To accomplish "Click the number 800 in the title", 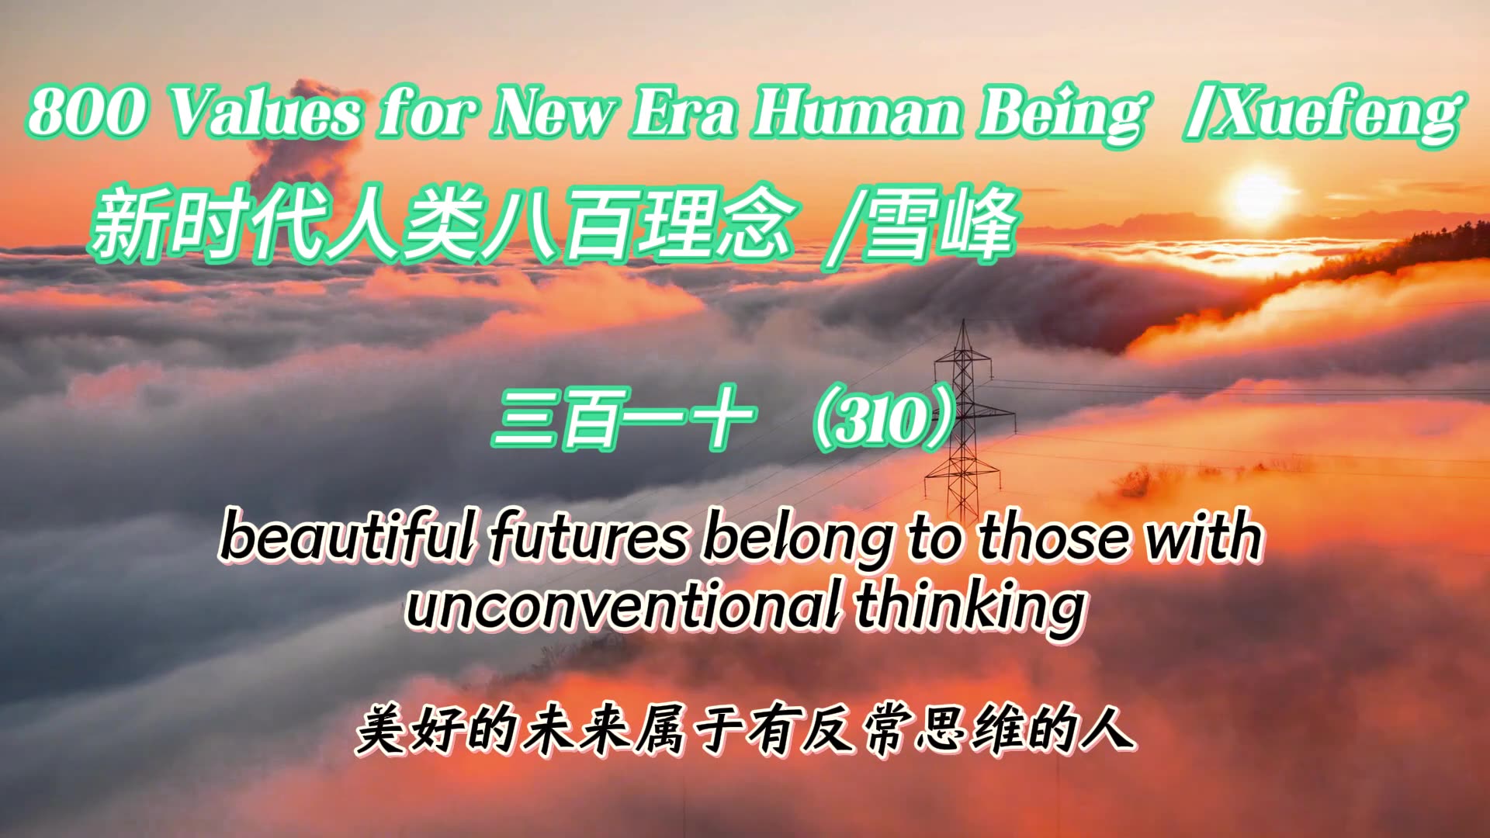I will pyautogui.click(x=85, y=113).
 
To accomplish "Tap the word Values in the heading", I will pyautogui.click(x=264, y=113).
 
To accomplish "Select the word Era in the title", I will pyautogui.click(x=683, y=113).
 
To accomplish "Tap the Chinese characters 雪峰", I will pyautogui.click(x=939, y=225).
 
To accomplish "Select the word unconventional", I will pyautogui.click(x=621, y=605).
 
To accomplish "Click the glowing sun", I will pyautogui.click(x=1258, y=194).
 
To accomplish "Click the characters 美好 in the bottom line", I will pyautogui.click(x=411, y=729).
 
